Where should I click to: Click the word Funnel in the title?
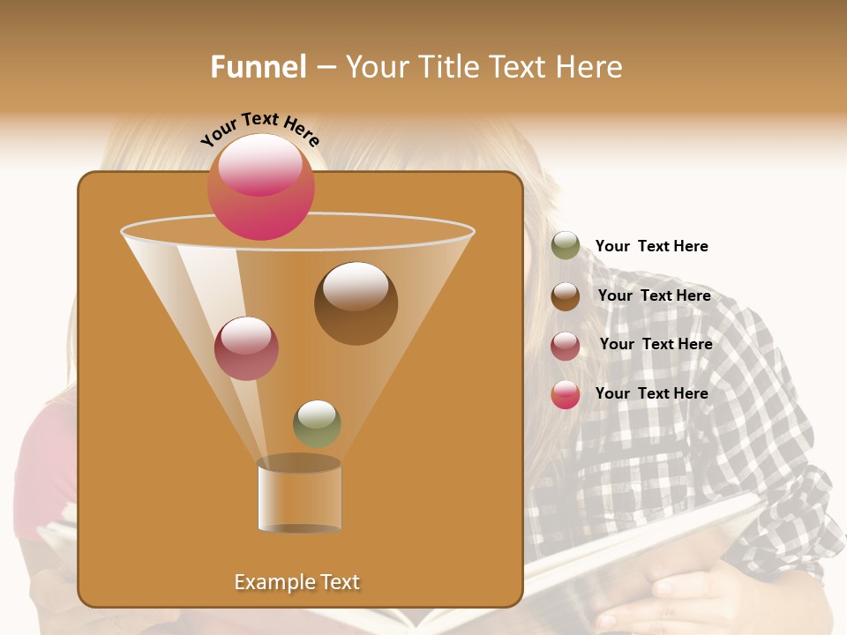pos(258,67)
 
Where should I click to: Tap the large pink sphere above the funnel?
pos(260,187)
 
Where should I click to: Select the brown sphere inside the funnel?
pos(356,303)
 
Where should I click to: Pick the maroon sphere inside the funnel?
pos(246,348)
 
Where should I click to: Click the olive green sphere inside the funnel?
pos(317,424)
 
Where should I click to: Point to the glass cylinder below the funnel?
pos(299,496)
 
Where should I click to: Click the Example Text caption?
pos(296,582)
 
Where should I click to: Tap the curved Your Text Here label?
pos(259,128)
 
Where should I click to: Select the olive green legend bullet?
pos(566,246)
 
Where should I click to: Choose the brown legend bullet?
pos(566,296)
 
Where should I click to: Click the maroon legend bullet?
pos(566,346)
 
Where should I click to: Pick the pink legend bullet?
pos(566,394)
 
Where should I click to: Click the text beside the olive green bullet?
pos(651,247)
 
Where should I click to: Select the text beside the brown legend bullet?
pos(654,296)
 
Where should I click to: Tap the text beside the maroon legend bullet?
pos(656,345)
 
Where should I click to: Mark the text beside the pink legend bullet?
pos(651,393)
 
